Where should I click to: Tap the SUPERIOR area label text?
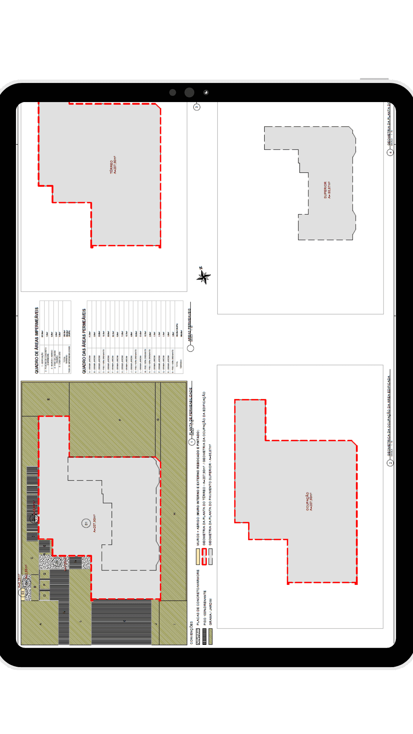[327, 190]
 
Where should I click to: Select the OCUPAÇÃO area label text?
[309, 502]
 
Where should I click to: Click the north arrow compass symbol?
[203, 276]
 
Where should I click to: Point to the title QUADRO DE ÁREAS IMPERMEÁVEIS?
[37, 341]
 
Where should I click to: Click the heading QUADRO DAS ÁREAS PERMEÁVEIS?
[84, 341]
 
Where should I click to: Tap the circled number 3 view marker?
[197, 107]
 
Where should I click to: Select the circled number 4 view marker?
[390, 153]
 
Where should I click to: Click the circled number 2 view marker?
[390, 463]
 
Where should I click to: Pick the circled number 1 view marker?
[192, 442]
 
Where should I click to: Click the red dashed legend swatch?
[204, 556]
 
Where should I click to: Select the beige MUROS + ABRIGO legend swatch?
[198, 557]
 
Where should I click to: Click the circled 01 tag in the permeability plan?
[86, 523]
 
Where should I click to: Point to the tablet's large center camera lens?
[189, 93]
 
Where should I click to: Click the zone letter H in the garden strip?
[174, 513]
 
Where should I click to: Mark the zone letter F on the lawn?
[120, 420]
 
